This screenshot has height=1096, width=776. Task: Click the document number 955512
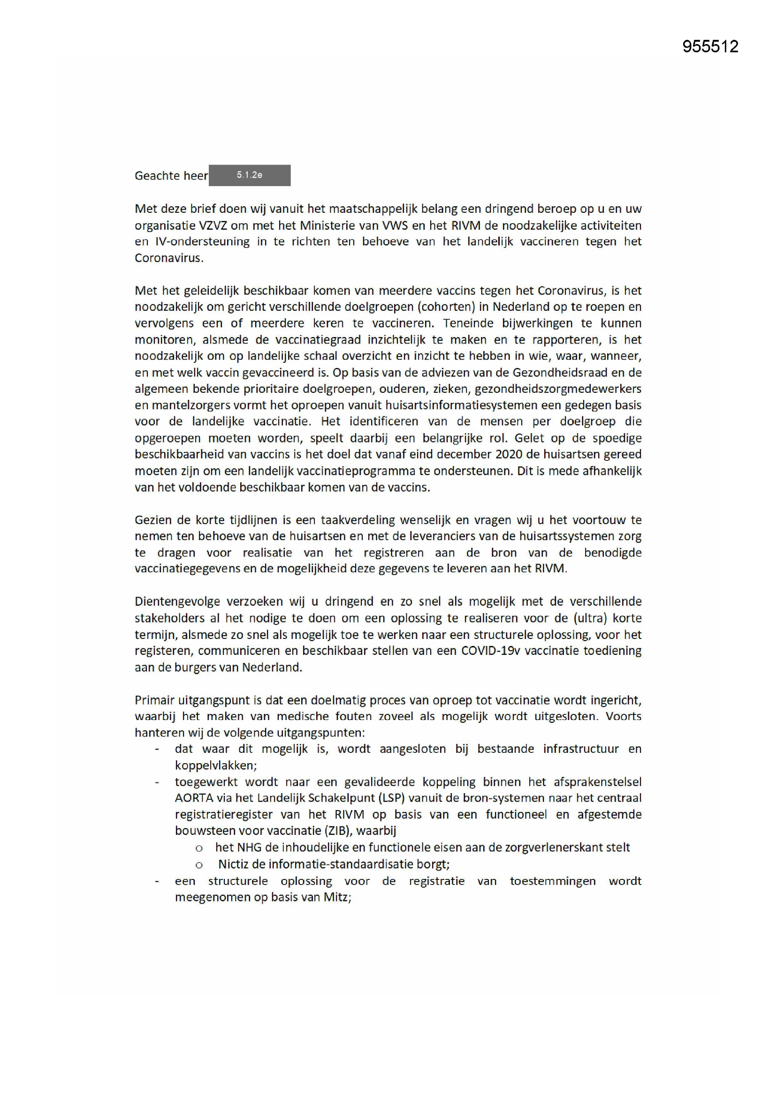click(710, 46)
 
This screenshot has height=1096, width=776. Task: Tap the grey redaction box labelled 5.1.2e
click(250, 175)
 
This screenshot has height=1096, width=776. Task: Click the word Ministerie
click(330, 225)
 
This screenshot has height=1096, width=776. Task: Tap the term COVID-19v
click(490, 651)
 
